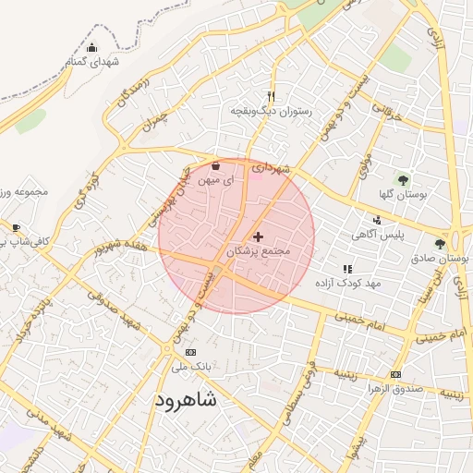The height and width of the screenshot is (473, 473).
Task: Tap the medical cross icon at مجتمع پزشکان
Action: coord(258,236)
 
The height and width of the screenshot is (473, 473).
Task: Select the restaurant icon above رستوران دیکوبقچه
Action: coord(271,96)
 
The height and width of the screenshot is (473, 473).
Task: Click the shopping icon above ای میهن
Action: coord(216,166)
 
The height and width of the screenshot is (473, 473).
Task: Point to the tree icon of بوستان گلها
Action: coord(402,179)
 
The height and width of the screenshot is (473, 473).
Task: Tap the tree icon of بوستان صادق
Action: coord(441,244)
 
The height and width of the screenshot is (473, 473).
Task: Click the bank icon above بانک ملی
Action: coord(191,352)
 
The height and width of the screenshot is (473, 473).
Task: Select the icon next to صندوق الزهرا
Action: coord(396,374)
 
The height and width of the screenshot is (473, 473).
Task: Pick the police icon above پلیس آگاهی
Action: coord(377,220)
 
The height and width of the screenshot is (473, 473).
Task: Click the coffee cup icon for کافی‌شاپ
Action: coord(16,227)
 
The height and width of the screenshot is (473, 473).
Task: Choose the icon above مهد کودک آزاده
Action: coord(347,268)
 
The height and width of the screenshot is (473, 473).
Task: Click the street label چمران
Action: coord(158,120)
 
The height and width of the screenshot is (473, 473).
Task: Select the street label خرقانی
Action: coord(387,114)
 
